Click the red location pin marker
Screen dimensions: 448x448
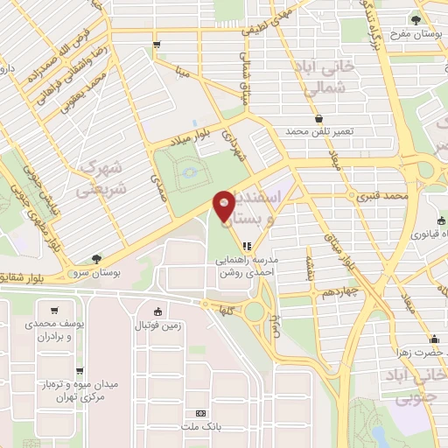point(224,206)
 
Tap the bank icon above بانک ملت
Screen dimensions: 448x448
point(201,413)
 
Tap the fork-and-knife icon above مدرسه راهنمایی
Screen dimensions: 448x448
point(247,247)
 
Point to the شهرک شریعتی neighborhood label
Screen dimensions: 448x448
point(102,177)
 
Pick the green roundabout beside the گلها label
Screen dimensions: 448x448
point(255,311)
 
